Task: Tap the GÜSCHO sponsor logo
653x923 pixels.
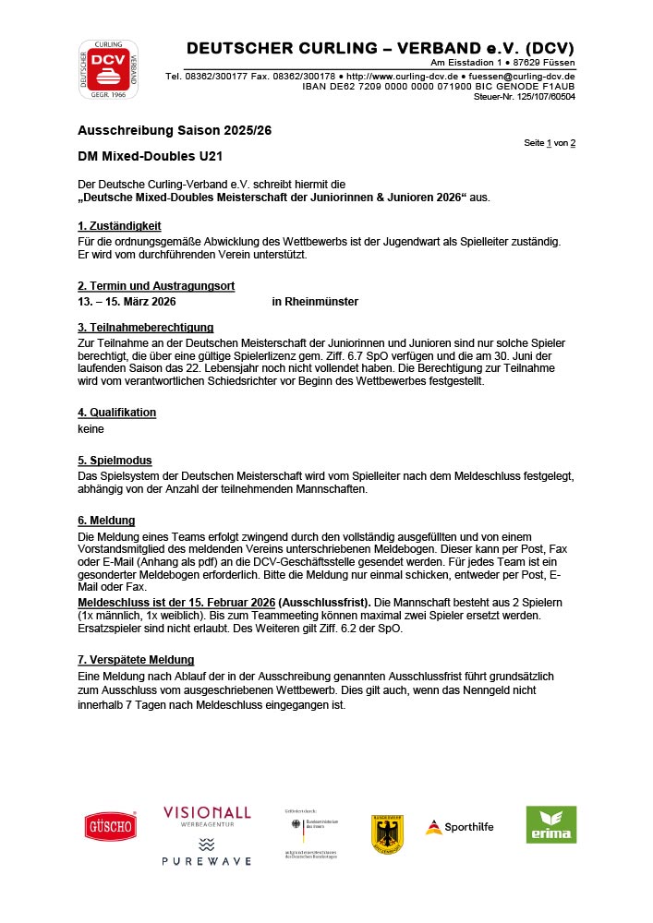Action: (111, 825)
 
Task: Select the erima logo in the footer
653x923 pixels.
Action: (550, 824)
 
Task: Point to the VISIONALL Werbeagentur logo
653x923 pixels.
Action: (207, 815)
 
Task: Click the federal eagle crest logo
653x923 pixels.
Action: (387, 833)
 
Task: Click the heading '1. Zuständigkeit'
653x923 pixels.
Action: (119, 225)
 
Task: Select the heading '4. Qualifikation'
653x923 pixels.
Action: (116, 413)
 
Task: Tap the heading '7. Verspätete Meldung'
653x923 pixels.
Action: (136, 660)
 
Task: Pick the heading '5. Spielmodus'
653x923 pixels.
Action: (115, 460)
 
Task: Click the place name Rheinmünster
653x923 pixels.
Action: (315, 302)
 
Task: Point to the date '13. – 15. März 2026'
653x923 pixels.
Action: (127, 302)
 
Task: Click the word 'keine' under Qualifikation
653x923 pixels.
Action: (91, 428)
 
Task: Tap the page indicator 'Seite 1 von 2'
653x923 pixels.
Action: (550, 143)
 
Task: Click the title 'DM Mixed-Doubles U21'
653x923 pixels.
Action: (150, 157)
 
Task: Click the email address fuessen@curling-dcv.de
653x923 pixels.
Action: (522, 76)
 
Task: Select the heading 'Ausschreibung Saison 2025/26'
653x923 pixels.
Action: (175, 130)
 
